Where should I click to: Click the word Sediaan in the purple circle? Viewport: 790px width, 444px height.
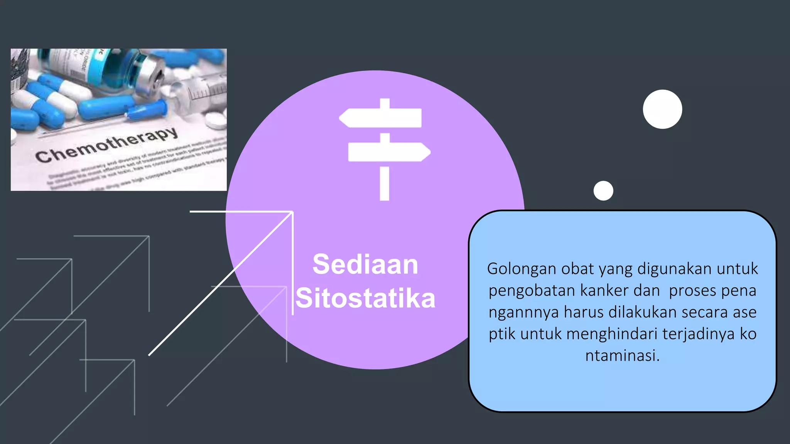(365, 264)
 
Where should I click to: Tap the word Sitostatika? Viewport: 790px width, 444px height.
(365, 298)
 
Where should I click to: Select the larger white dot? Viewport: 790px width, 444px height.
(662, 109)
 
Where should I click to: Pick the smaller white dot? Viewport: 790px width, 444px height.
(603, 190)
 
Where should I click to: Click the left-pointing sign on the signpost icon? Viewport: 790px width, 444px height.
(380, 118)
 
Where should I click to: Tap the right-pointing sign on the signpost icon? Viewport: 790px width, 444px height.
(389, 152)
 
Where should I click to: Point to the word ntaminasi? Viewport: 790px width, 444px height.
(622, 355)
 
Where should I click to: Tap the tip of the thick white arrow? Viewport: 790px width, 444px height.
(292, 213)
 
